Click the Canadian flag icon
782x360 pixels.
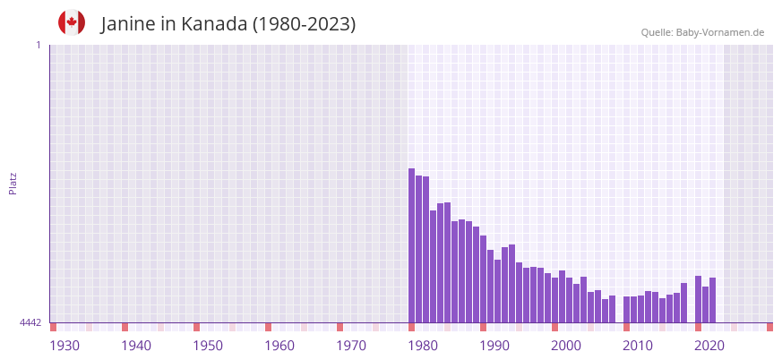click(72, 22)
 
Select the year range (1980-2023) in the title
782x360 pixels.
click(304, 24)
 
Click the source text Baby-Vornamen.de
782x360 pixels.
click(719, 32)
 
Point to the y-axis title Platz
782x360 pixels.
click(13, 183)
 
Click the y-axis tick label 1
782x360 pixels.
click(38, 45)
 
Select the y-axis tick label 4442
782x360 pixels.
click(30, 322)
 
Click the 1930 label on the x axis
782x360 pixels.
click(64, 346)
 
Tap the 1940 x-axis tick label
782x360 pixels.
click(136, 346)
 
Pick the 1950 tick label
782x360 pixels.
click(208, 346)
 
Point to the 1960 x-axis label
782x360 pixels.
click(279, 346)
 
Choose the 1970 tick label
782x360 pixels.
click(351, 346)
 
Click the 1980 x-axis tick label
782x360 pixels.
click(423, 346)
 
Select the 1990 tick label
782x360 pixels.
click(494, 346)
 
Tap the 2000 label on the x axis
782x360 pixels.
click(566, 346)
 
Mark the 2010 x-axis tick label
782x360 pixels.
click(638, 346)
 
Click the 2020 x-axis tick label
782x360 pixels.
click(709, 346)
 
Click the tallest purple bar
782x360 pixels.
click(411, 245)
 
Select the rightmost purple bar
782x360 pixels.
click(712, 300)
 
